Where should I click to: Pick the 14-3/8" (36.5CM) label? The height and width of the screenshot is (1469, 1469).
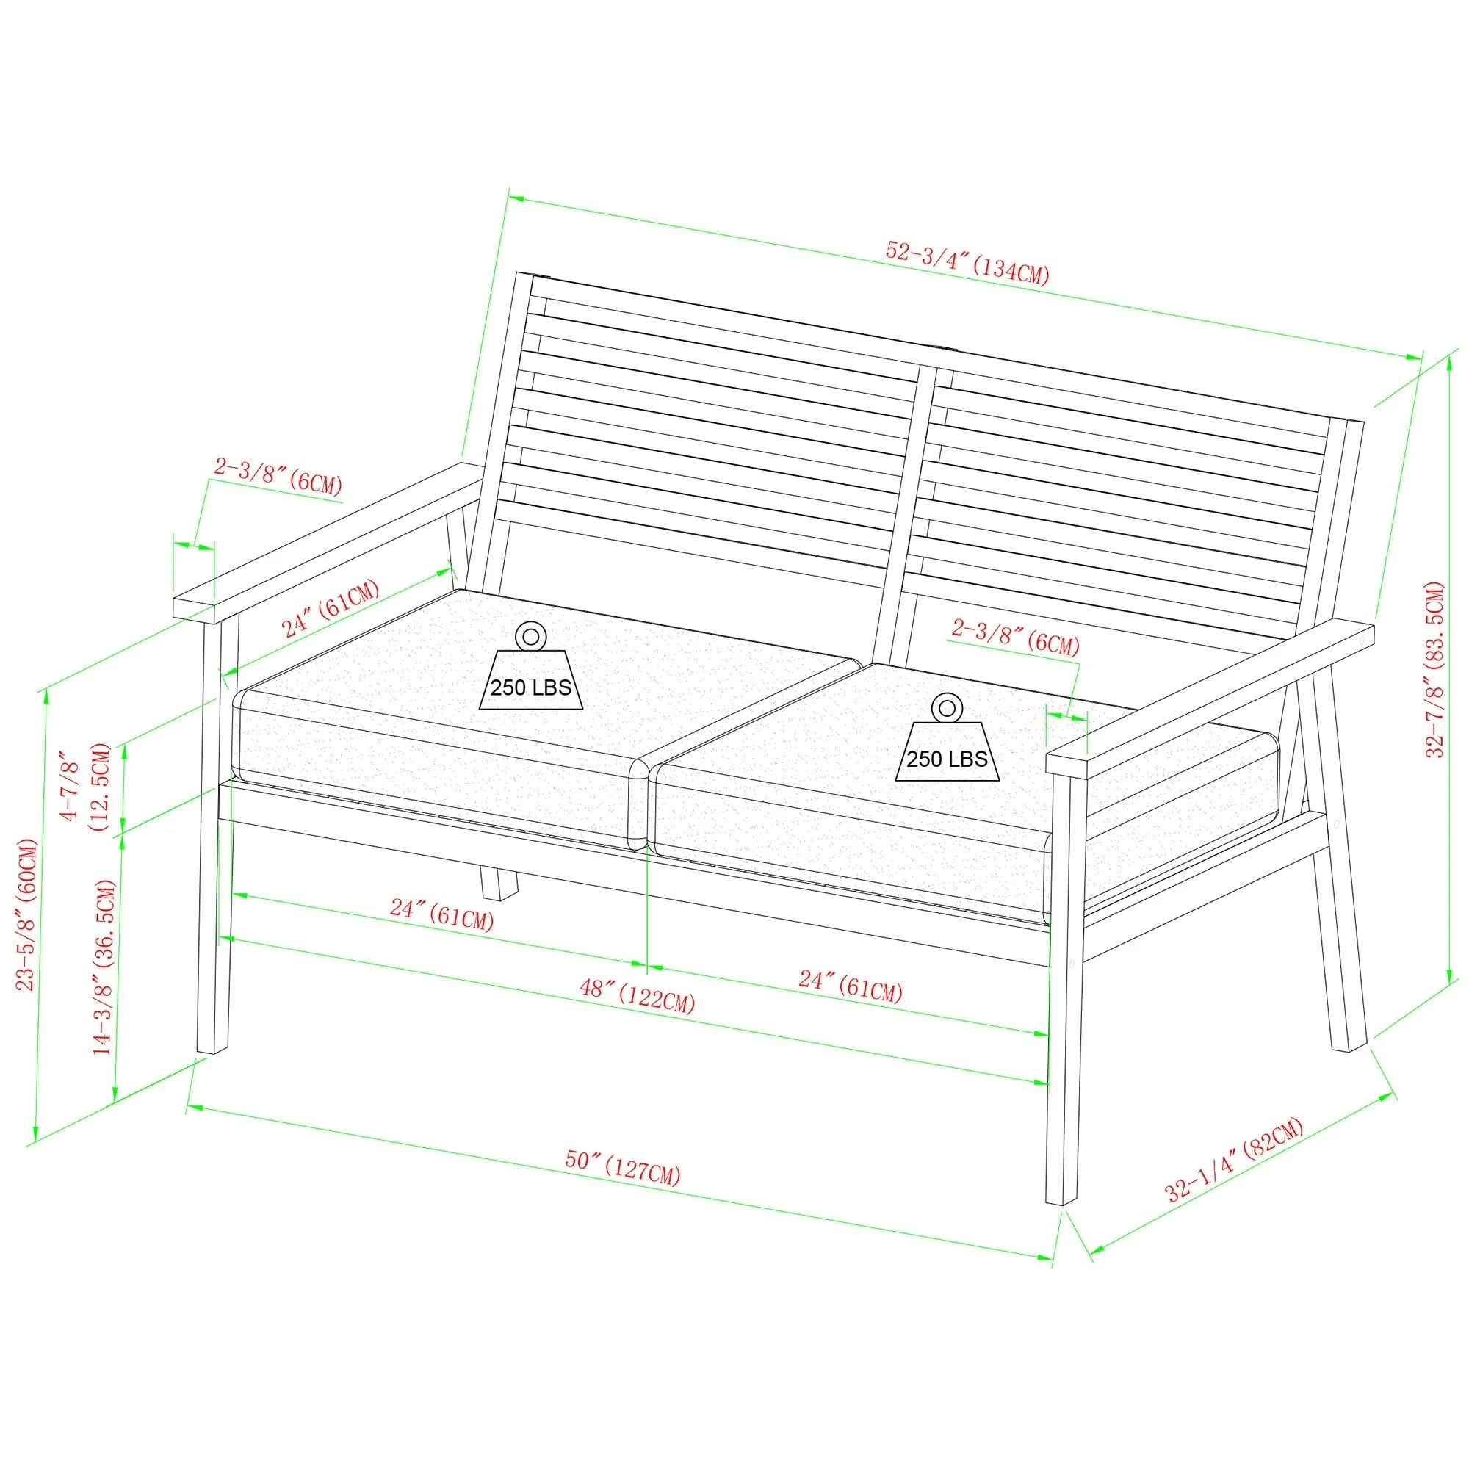tap(104, 967)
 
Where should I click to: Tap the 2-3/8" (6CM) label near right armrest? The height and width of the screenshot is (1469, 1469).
tap(1015, 636)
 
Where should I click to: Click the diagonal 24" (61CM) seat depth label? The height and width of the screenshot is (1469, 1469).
tap(331, 608)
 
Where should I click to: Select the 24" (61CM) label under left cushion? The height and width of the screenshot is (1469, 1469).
tap(441, 915)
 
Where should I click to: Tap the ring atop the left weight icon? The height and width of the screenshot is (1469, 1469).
tap(531, 635)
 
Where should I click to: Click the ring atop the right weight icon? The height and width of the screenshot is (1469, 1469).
tap(948, 707)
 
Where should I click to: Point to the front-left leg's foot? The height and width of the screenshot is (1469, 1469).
tap(212, 1050)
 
